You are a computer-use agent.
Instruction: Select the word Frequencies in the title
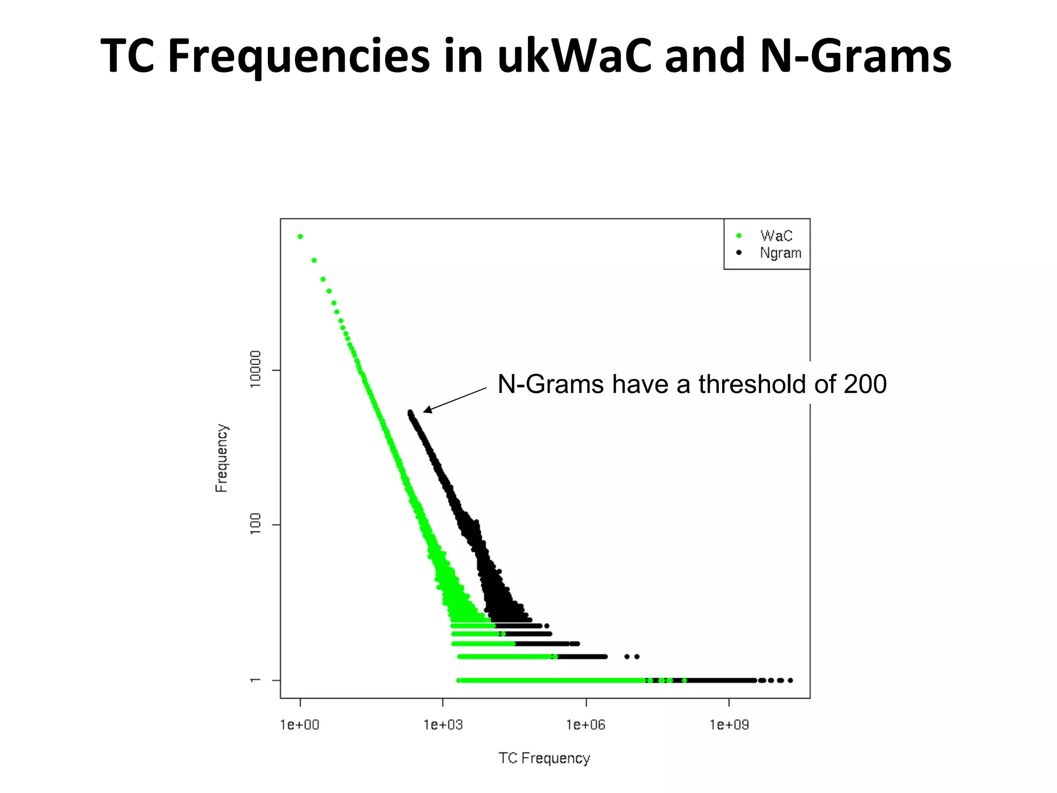pos(299,57)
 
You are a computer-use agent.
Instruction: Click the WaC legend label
pos(776,236)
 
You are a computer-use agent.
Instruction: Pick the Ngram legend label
pos(780,253)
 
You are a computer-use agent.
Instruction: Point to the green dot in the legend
pos(739,236)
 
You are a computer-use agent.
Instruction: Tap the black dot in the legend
pos(739,253)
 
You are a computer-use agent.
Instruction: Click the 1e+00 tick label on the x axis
pos(300,725)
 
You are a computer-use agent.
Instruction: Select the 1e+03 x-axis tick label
pos(443,725)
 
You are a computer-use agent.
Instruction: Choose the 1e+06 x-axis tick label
pos(586,725)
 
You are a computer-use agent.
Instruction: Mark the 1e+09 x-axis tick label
pos(729,725)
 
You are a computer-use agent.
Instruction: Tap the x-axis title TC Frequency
pos(544,758)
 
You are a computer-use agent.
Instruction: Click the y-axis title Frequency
pos(221,458)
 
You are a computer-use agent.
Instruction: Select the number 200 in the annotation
pos(865,385)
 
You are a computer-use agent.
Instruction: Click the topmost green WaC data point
pos(300,237)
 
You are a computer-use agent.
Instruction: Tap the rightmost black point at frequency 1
pos(790,680)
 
